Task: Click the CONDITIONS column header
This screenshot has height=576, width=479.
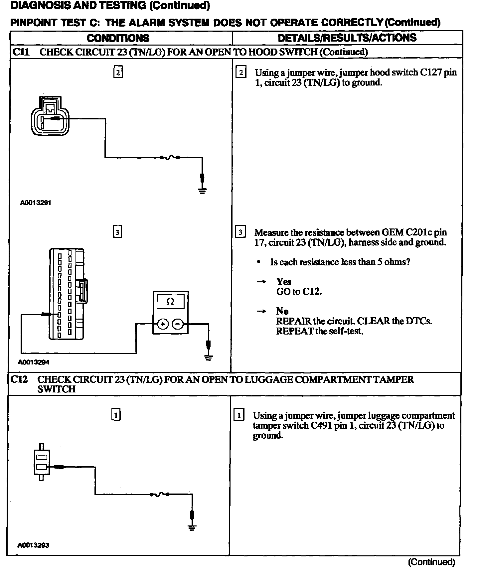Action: [118, 38]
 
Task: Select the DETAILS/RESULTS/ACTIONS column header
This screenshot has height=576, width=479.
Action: [347, 38]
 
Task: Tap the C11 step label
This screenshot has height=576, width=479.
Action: [21, 52]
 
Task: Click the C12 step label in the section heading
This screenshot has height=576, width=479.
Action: [19, 379]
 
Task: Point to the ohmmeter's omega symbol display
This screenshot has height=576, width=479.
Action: [170, 302]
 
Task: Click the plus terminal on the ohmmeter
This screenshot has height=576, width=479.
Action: [163, 324]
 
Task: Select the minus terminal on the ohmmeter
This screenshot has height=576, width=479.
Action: [178, 324]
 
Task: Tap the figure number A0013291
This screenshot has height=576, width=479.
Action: [36, 203]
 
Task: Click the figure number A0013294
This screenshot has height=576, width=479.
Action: [34, 362]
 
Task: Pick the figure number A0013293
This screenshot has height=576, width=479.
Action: [33, 545]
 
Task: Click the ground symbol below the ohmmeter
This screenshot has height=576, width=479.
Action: [209, 358]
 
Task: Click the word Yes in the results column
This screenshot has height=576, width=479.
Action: [283, 282]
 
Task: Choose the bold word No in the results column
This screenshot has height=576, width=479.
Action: [282, 311]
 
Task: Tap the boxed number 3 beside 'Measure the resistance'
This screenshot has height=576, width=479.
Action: [240, 232]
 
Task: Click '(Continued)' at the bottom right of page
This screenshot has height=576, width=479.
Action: [431, 562]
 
